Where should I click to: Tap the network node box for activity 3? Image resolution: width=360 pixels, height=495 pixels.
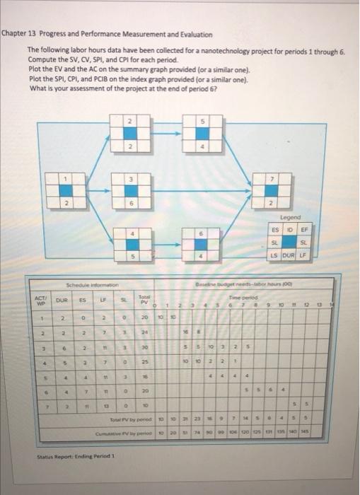128,190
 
